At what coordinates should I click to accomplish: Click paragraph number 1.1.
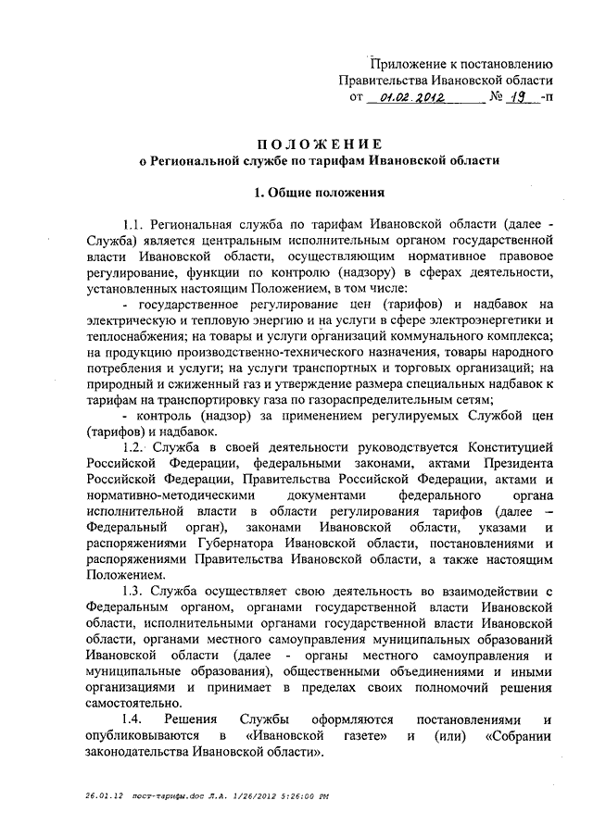(x=135, y=224)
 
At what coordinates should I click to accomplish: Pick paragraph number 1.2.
(x=136, y=448)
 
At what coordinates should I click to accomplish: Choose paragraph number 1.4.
(x=135, y=719)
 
